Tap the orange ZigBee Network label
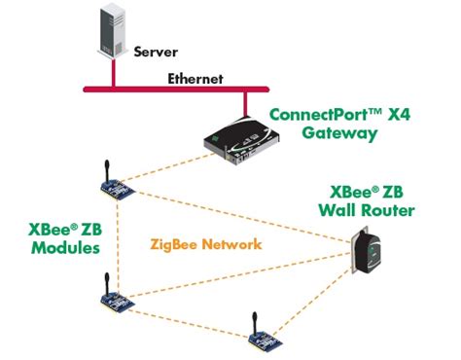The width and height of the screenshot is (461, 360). click(205, 245)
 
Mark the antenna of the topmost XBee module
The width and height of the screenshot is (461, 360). click(101, 162)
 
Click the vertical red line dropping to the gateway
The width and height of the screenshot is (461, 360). click(243, 103)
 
